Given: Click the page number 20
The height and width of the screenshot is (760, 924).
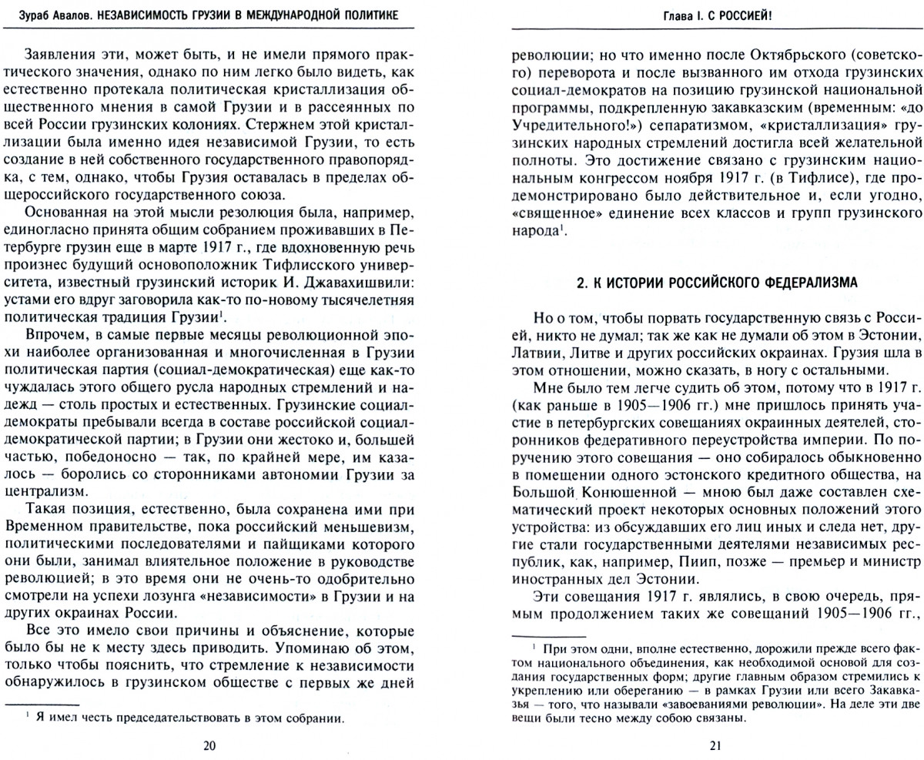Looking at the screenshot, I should click(209, 745).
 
